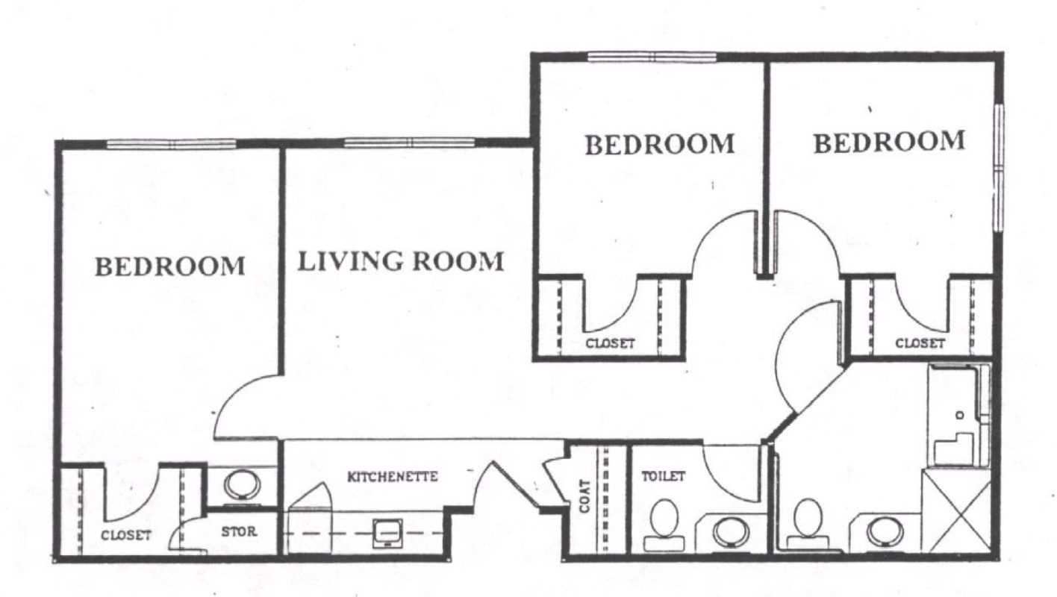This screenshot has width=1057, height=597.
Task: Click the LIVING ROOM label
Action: [x=401, y=261]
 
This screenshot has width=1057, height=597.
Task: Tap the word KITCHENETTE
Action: [x=393, y=477]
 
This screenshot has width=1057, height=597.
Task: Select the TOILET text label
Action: [x=663, y=476]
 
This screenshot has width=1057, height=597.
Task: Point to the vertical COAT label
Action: [x=584, y=496]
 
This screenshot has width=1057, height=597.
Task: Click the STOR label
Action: [x=239, y=532]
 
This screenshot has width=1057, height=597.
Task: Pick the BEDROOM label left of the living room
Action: [x=170, y=266]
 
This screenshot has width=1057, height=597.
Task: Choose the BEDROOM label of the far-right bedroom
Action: [x=889, y=142]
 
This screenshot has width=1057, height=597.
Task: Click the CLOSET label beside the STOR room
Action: [x=126, y=535]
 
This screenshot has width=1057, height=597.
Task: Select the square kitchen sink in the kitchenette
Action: [x=388, y=533]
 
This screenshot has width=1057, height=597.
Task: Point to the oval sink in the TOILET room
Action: [x=731, y=532]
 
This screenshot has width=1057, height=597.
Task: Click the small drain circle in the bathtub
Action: [x=960, y=416]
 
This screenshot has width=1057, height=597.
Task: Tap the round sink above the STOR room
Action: [x=242, y=485]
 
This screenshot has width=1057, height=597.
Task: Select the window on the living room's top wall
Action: [x=409, y=143]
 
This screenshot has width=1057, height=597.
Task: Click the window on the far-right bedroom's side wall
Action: [x=998, y=167]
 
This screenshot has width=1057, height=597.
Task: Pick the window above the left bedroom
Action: [x=171, y=144]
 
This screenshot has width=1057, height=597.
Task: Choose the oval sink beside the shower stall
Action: [x=885, y=532]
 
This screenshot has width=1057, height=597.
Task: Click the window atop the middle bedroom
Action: [x=652, y=57]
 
